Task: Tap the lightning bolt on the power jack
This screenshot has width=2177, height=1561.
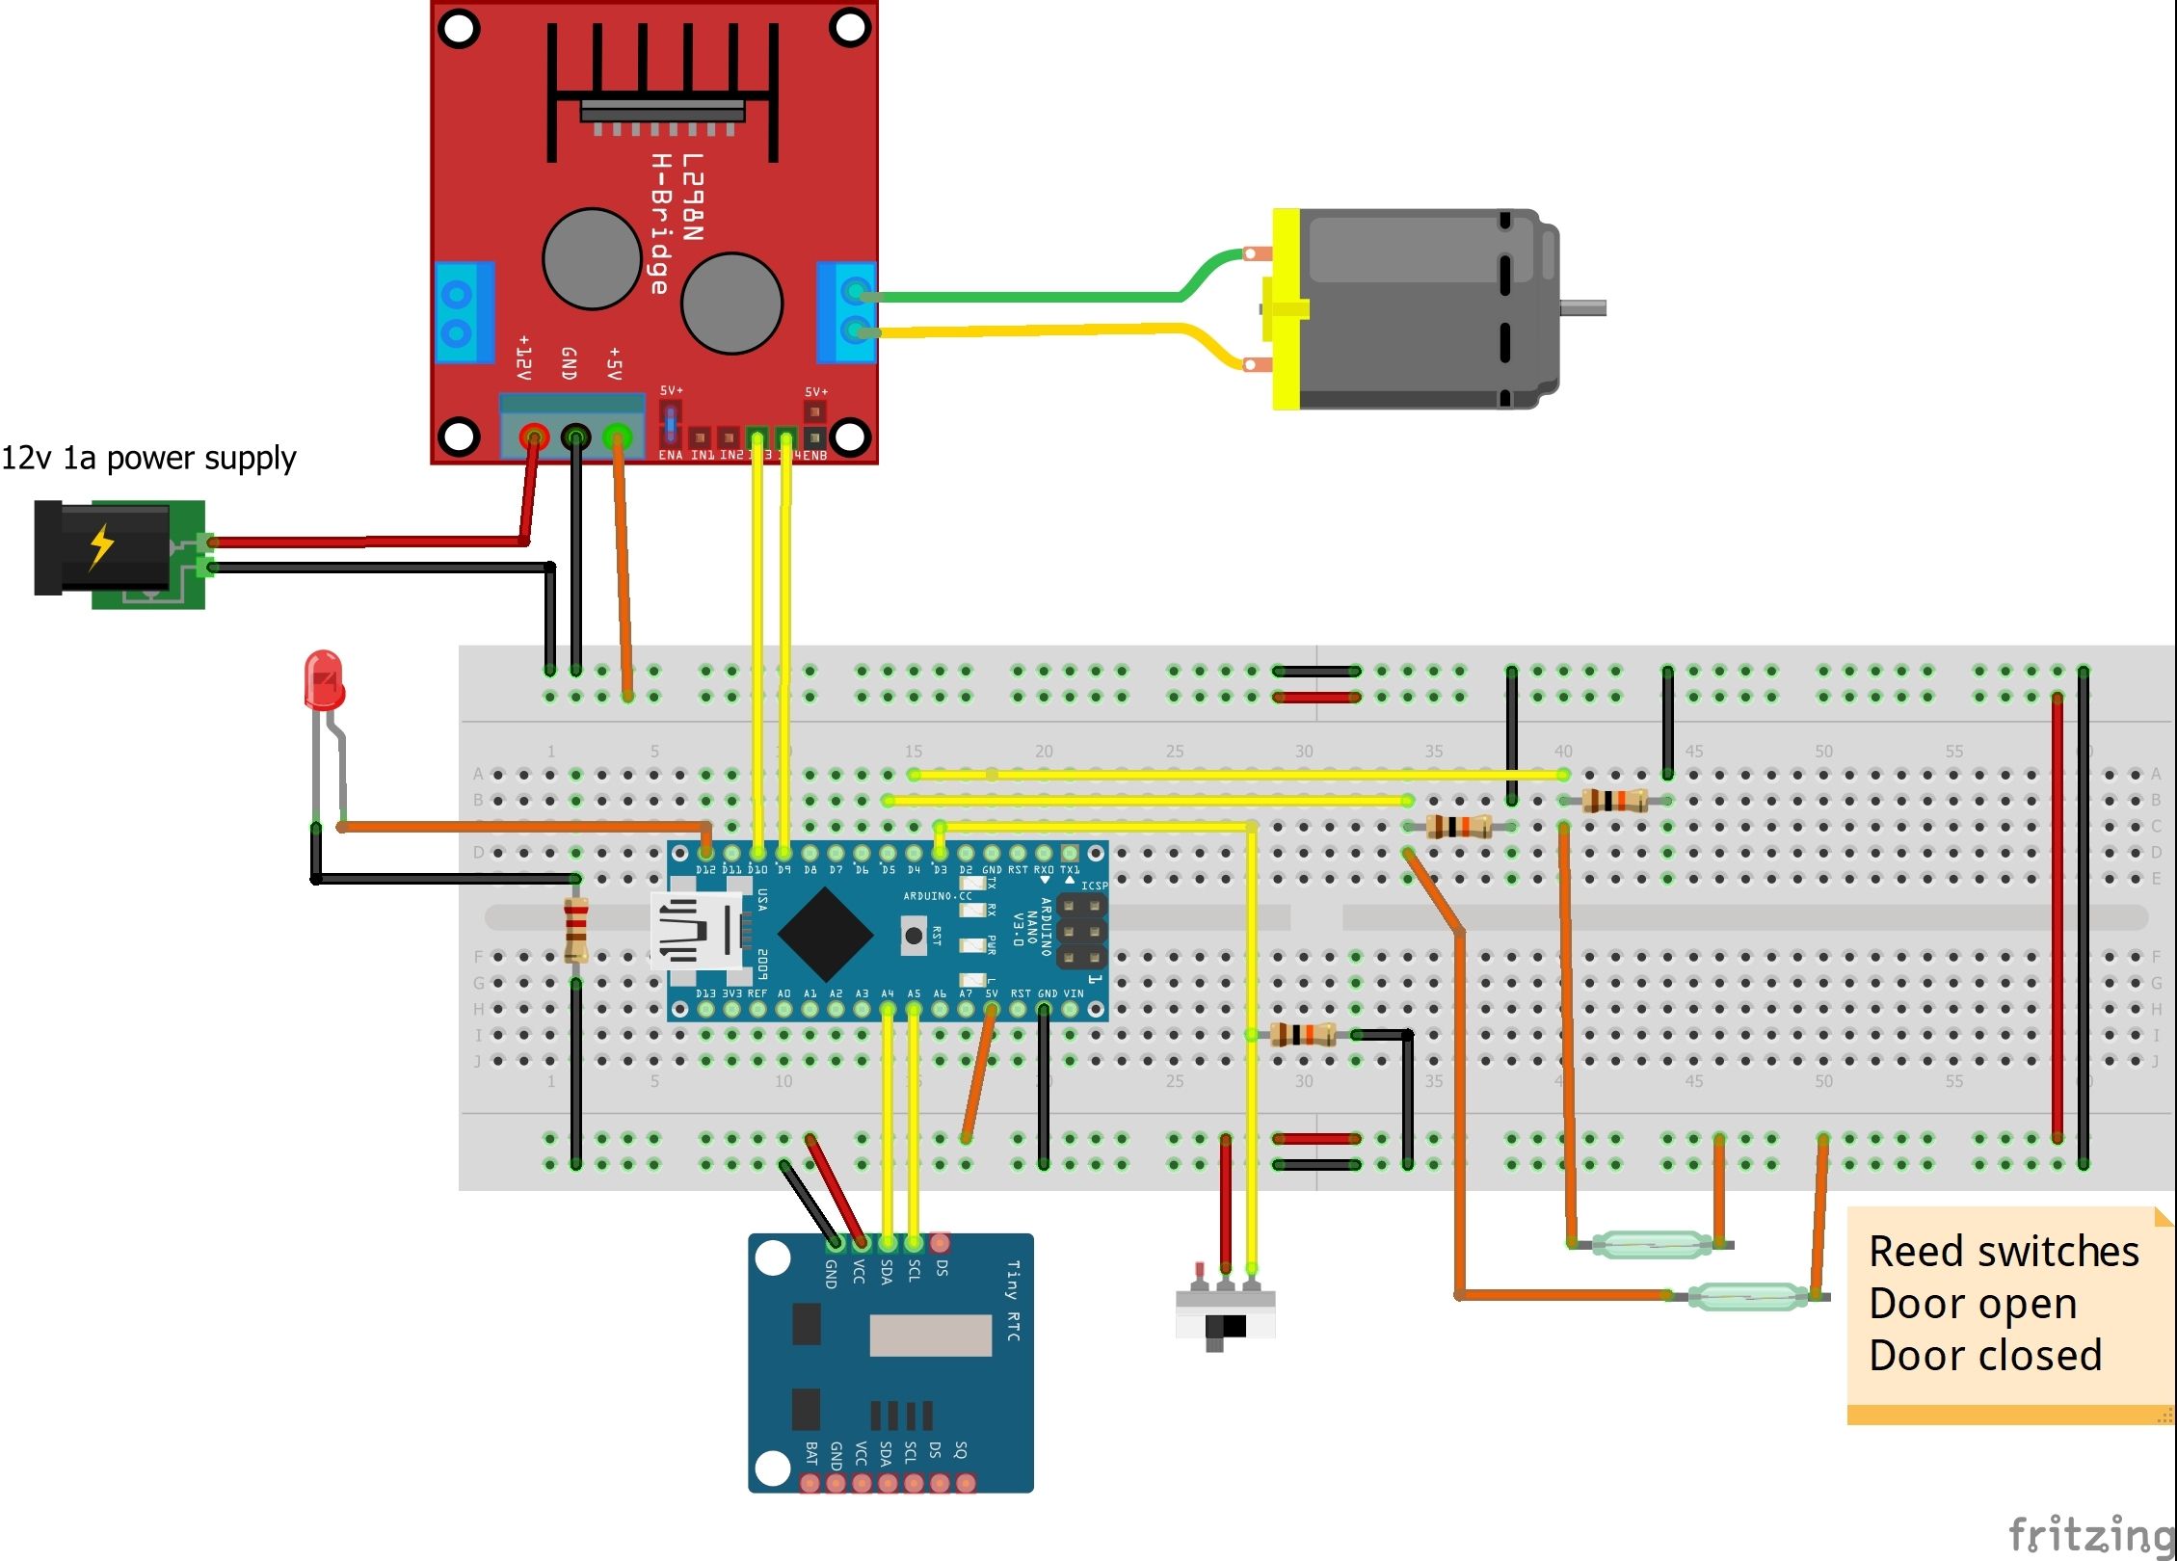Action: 101,546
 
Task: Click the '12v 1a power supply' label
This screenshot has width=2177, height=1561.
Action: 148,459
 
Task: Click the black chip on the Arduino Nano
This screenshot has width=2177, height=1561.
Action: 825,933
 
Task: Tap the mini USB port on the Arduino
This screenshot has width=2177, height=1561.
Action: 696,932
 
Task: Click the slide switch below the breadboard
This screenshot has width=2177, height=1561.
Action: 1225,1316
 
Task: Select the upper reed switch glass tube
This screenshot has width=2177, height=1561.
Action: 1650,1244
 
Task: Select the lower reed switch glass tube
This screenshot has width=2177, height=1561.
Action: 1748,1296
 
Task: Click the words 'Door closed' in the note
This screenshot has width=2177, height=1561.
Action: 1984,1356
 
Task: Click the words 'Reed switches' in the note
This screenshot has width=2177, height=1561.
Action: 2003,1252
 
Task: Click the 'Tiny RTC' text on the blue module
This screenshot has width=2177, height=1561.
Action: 1013,1300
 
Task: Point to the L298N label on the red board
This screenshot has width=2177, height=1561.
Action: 692,198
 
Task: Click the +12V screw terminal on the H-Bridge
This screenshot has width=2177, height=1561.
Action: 532,438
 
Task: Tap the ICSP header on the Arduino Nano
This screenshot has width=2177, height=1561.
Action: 1081,932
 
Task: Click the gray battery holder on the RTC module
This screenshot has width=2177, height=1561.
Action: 930,1335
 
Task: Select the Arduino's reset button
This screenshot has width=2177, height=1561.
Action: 913,935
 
